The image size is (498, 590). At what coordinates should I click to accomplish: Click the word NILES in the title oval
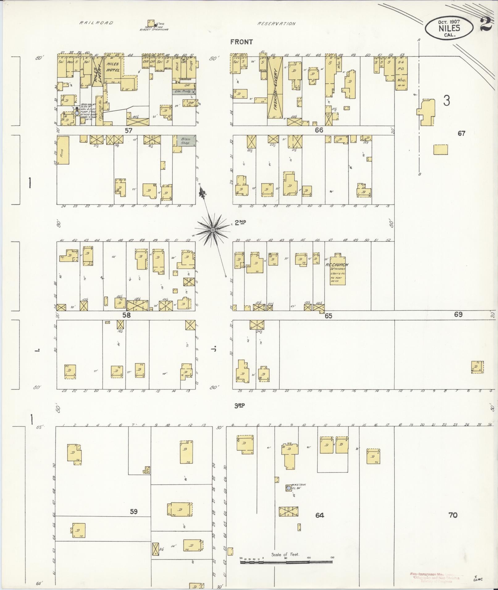point(449,28)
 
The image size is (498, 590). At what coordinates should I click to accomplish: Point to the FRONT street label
point(241,42)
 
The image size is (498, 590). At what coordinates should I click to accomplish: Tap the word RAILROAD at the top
point(96,23)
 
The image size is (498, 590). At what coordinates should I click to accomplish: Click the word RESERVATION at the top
point(277,24)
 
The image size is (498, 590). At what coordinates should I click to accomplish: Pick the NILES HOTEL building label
point(113,67)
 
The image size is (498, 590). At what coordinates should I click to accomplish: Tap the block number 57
point(128,130)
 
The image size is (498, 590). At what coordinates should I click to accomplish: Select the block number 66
point(319,130)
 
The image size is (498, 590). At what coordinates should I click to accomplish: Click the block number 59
point(133,512)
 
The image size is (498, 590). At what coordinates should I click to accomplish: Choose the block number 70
point(453,515)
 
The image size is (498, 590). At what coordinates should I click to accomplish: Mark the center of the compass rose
point(213,230)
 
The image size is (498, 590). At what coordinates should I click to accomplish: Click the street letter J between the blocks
point(213,349)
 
